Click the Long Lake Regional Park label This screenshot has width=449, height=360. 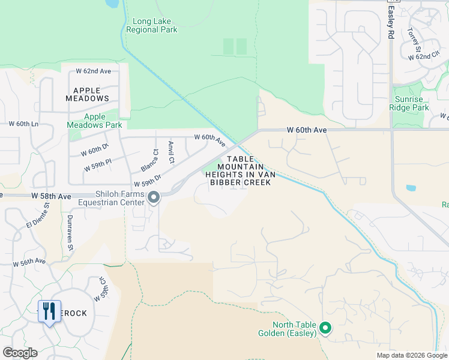[152, 25]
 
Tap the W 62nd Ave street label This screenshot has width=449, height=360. [93, 71]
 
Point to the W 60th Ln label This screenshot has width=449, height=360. [23, 124]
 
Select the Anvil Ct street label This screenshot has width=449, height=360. [172, 152]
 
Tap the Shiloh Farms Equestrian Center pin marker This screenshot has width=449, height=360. [154, 197]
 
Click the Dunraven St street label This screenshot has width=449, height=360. [70, 232]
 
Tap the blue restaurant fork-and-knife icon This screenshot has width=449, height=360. [48, 311]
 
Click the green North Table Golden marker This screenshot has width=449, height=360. [325, 328]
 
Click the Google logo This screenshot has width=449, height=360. [20, 353]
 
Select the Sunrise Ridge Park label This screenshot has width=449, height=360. [412, 103]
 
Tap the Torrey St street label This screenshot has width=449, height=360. [415, 40]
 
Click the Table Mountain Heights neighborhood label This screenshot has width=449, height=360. [240, 170]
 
